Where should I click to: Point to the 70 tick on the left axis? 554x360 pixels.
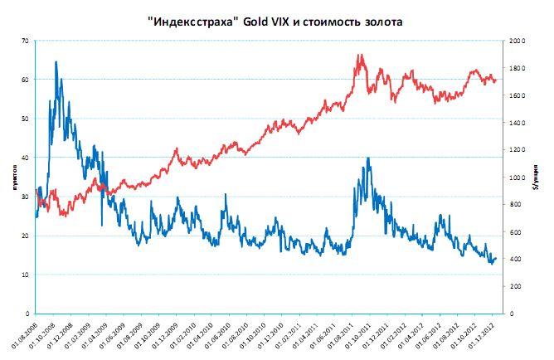click(x=25, y=41)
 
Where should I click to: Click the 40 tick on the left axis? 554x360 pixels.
click(x=25, y=158)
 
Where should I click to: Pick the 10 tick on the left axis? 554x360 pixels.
click(x=25, y=275)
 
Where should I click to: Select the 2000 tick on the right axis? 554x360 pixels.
click(x=516, y=41)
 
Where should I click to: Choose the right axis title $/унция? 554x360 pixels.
click(x=539, y=177)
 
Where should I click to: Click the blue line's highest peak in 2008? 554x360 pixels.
click(x=56, y=62)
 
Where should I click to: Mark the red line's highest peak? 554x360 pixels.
click(x=357, y=56)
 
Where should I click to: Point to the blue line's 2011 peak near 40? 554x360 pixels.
click(x=367, y=158)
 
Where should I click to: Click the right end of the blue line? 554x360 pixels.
click(x=496, y=258)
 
